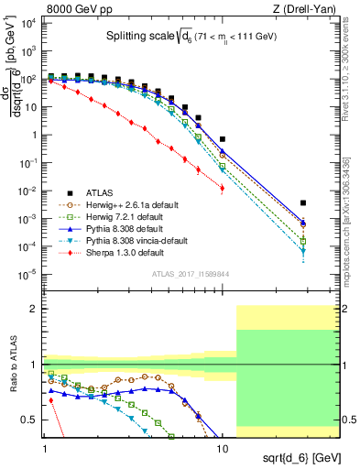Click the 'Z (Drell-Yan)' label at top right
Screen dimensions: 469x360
click(310, 8)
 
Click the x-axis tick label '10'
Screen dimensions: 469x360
click(222, 438)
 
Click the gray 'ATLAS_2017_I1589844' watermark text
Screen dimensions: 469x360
click(190, 274)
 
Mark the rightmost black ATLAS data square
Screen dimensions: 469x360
click(303, 202)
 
